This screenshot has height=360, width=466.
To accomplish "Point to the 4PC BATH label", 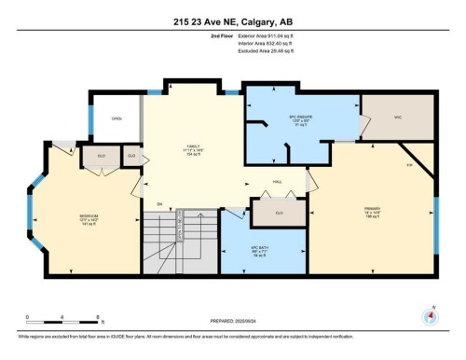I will (x=259, y=250).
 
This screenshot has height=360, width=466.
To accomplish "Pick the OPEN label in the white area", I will (x=116, y=119).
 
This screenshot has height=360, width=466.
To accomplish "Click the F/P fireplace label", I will (x=408, y=165).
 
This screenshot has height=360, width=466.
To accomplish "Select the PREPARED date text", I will (x=233, y=320).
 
